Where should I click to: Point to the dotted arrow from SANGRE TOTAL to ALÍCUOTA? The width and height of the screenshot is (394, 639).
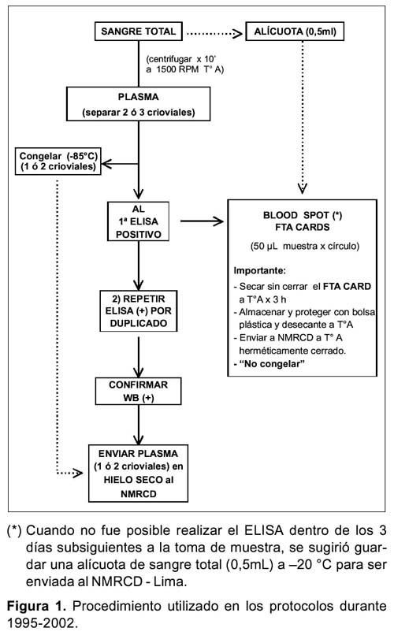pyautogui.click(x=214, y=33)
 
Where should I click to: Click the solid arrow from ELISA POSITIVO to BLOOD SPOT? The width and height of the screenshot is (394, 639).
pyautogui.click(x=202, y=221)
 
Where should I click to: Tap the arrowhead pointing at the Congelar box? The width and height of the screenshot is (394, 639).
pyautogui.click(x=106, y=164)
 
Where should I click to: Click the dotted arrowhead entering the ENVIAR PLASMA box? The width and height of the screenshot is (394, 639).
pyautogui.click(x=77, y=473)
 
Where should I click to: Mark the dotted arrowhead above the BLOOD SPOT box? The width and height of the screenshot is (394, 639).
pyautogui.click(x=303, y=188)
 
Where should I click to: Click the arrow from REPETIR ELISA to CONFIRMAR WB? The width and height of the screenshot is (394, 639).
pyautogui.click(x=139, y=357)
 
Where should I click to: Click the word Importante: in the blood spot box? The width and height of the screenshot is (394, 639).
pyautogui.click(x=259, y=270)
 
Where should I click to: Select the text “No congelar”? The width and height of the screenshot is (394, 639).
pyautogui.click(x=271, y=364)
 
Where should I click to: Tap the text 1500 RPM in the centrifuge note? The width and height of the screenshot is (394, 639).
pyautogui.click(x=177, y=69)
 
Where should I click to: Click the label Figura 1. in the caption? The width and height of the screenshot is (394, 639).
pyautogui.click(x=36, y=607)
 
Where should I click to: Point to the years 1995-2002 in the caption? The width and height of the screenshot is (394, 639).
pyautogui.click(x=41, y=623)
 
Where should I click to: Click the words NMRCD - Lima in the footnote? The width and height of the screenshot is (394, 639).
pyautogui.click(x=139, y=581)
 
